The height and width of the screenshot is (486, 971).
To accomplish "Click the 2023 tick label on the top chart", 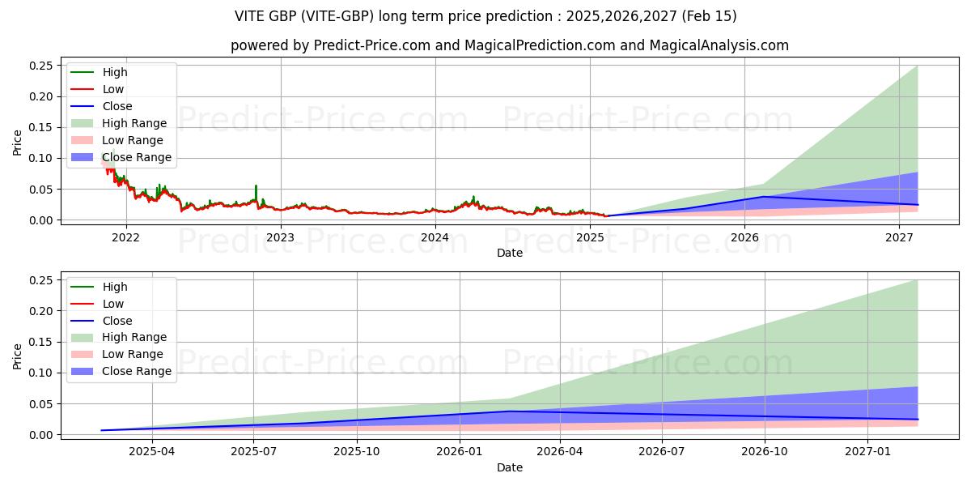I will click(x=280, y=237).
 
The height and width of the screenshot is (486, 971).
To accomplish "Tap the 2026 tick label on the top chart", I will click(x=744, y=237).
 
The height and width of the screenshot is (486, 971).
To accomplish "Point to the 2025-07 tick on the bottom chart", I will click(x=254, y=452).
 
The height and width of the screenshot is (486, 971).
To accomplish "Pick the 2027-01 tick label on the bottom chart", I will click(x=867, y=452).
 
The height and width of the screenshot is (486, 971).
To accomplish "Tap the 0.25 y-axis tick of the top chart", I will click(x=41, y=66).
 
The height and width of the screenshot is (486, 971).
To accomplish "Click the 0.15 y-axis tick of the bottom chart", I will click(x=41, y=342).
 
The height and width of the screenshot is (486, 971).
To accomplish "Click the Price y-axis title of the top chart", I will click(x=18, y=143).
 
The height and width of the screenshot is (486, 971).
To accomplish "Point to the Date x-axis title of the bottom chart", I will click(x=510, y=467).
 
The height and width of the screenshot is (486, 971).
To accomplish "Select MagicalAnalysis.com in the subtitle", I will click(x=719, y=45).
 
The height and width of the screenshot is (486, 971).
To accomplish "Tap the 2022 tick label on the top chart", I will click(x=125, y=237).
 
